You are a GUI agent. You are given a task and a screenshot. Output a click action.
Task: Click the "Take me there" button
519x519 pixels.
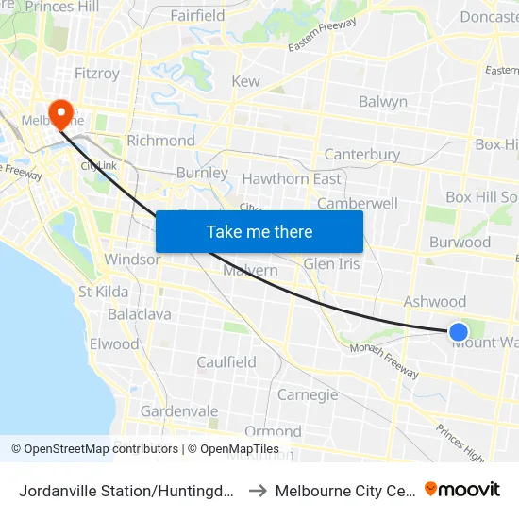(x=259, y=231)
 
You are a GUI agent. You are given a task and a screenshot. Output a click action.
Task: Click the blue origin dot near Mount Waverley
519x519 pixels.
(x=458, y=331)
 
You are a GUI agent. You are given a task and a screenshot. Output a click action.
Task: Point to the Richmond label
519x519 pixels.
(x=160, y=141)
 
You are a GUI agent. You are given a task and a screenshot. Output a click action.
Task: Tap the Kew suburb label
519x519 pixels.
(x=245, y=82)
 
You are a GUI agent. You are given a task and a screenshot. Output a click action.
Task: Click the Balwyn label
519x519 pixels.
(x=383, y=102)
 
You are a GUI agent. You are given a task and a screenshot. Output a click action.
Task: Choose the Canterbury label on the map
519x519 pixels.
(x=362, y=155)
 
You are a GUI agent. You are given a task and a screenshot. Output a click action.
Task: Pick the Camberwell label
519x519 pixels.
(x=358, y=203)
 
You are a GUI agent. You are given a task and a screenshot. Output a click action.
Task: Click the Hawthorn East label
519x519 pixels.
(x=292, y=178)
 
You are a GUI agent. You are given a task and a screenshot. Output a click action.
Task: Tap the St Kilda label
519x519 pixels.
(x=104, y=292)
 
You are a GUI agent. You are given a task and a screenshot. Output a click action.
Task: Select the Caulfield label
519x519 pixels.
(x=226, y=362)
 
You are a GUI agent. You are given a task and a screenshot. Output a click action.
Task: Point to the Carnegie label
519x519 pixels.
(x=307, y=394)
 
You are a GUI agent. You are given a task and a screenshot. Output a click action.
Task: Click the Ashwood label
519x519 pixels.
(x=435, y=302)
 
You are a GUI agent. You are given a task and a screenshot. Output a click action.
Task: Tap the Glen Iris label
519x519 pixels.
(x=331, y=264)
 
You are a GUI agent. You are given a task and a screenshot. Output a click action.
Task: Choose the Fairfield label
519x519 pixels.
(x=197, y=16)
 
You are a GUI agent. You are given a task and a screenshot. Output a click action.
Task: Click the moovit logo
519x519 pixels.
(x=462, y=489)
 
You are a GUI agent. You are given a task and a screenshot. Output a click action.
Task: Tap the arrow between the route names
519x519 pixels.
(x=258, y=490)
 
